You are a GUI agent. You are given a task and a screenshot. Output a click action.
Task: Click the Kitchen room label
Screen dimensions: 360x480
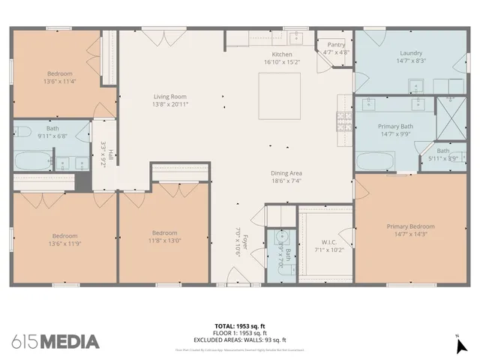[282, 55]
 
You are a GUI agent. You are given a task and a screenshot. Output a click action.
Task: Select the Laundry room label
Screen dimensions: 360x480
[410, 53]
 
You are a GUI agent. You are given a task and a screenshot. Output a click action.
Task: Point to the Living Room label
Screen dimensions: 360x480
[169, 97]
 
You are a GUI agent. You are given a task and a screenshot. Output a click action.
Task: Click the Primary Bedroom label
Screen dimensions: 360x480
[410, 226]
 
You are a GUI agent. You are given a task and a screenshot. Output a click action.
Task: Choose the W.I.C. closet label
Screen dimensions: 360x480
[328, 241]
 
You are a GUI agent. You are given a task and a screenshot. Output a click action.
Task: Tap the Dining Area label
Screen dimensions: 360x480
[286, 173]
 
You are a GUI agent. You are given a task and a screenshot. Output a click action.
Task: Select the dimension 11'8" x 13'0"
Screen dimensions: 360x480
[163, 241]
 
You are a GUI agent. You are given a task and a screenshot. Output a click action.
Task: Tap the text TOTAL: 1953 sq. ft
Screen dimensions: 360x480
[240, 326]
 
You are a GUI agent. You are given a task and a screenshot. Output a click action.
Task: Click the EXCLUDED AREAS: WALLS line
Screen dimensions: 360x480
[240, 340]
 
